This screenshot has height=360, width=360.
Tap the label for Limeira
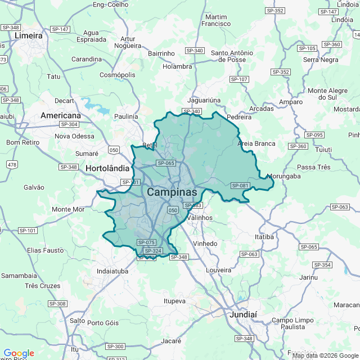(29, 35)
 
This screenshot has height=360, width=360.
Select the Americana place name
(61, 115)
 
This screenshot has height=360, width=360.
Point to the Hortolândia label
(107, 168)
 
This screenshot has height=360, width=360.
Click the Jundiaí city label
(243, 314)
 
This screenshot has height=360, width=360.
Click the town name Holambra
(177, 66)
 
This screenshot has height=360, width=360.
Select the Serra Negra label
(321, 60)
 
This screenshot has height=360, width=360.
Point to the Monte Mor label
(68, 209)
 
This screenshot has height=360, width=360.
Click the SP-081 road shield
(240, 186)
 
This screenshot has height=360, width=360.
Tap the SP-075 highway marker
(146, 242)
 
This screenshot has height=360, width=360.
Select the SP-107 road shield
(239, 79)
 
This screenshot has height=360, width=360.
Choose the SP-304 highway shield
(69, 124)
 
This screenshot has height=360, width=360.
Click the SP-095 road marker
(314, 135)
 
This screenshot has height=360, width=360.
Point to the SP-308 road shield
(57, 304)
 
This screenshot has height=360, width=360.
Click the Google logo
(19, 353)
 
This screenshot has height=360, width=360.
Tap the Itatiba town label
(264, 237)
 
